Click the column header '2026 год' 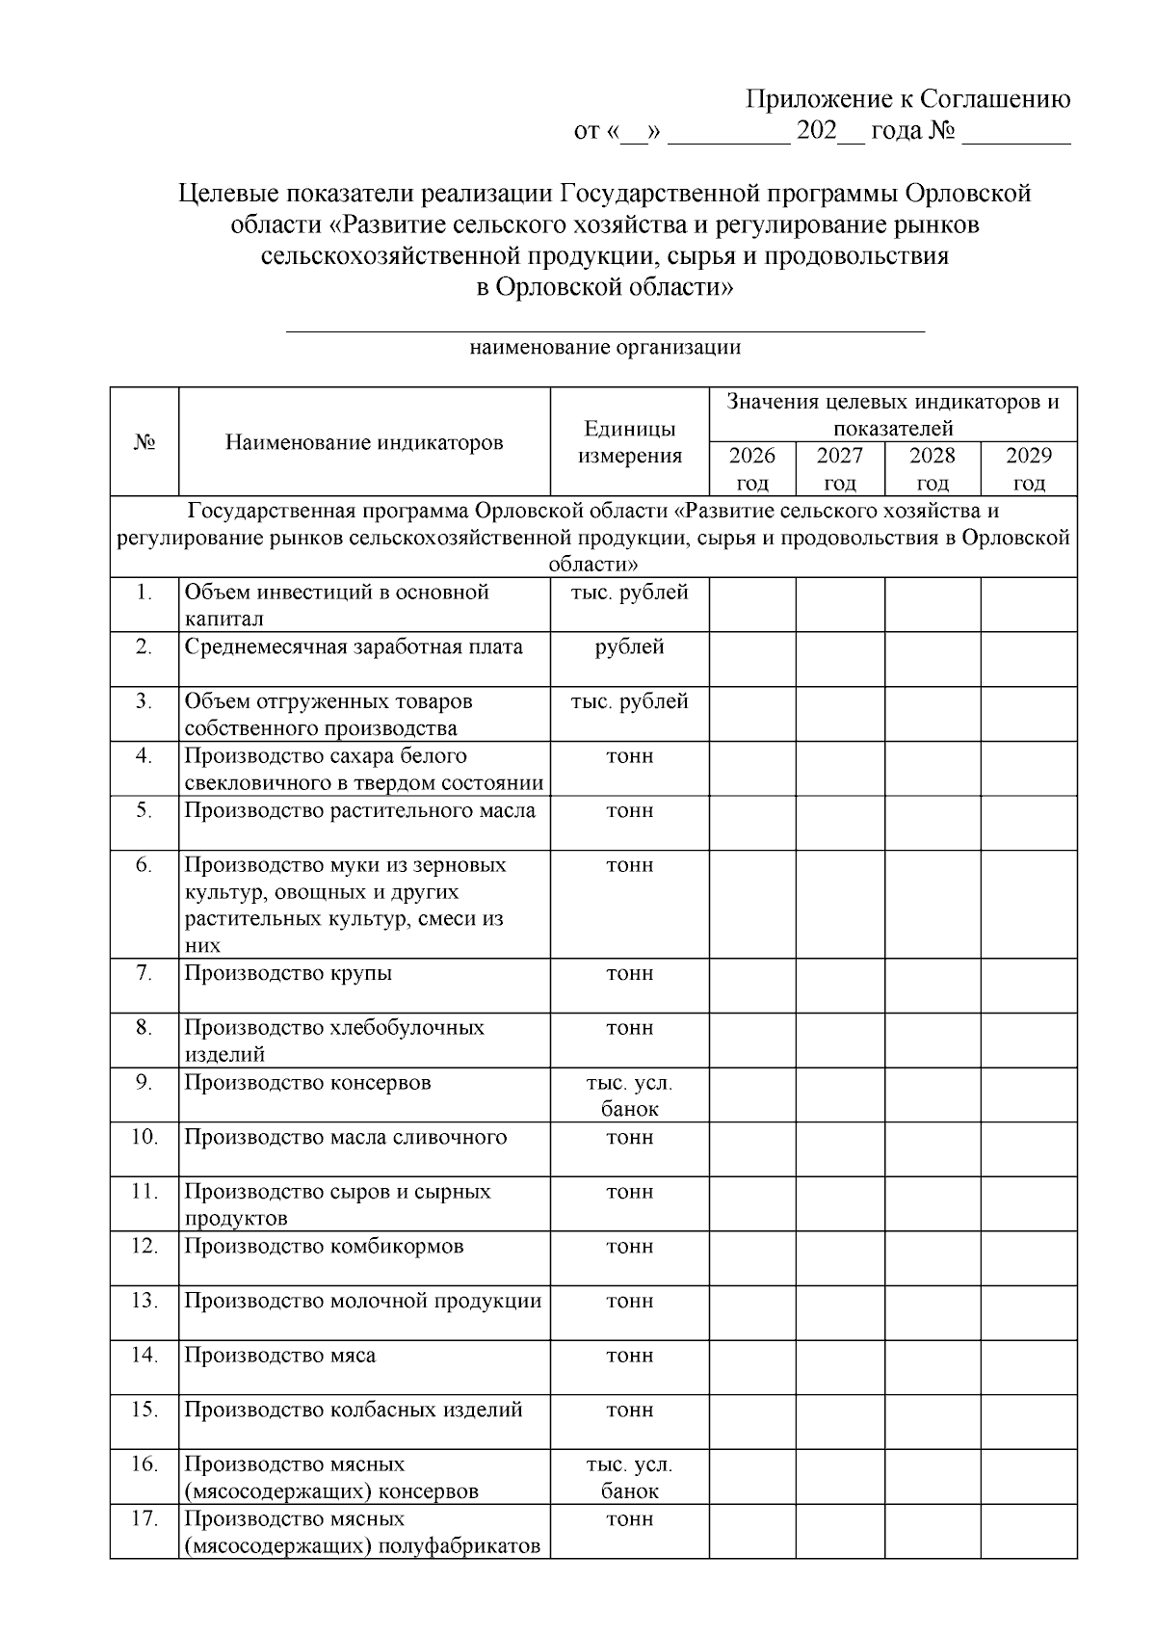pyautogui.click(x=751, y=468)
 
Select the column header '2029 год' pyautogui.click(x=1028, y=468)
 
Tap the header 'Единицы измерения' pyautogui.click(x=629, y=442)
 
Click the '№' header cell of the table pyautogui.click(x=144, y=442)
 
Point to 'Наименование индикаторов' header pyautogui.click(x=364, y=442)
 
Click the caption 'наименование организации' pyautogui.click(x=605, y=348)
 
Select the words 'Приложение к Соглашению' pyautogui.click(x=908, y=100)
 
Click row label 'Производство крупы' pyautogui.click(x=288, y=973)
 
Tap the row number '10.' pyautogui.click(x=144, y=1137)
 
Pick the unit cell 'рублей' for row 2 pyautogui.click(x=629, y=646)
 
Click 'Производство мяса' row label pyautogui.click(x=279, y=1356)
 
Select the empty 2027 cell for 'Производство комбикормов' pyautogui.click(x=839, y=1258)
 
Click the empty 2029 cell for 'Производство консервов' pyautogui.click(x=1028, y=1094)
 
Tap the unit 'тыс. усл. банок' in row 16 pyautogui.click(x=629, y=1477)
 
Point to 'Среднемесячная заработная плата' pyautogui.click(x=353, y=646)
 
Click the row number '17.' pyautogui.click(x=144, y=1519)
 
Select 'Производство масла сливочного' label pyautogui.click(x=345, y=1137)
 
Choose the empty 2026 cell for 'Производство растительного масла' pyautogui.click(x=751, y=822)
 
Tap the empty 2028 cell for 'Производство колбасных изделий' pyautogui.click(x=932, y=1422)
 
